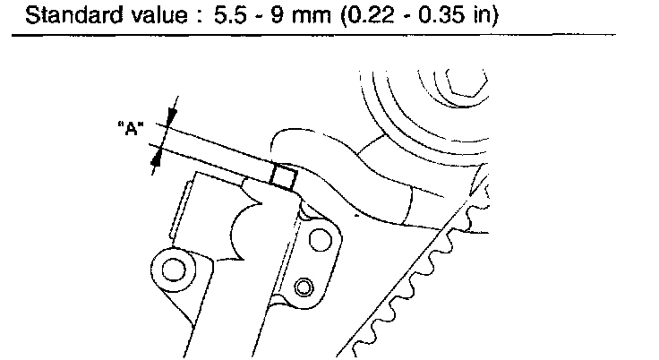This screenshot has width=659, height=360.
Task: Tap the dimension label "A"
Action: pyautogui.click(x=131, y=128)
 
